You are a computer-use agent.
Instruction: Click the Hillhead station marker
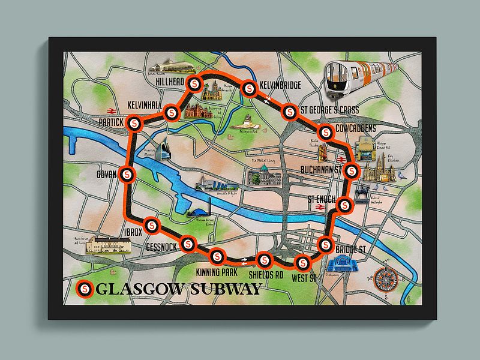[x=194, y=84]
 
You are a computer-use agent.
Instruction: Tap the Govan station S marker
[x=127, y=174]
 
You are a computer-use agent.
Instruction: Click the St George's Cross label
[x=329, y=110]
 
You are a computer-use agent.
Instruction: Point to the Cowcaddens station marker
[x=326, y=133]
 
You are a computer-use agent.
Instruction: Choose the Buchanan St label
[x=320, y=170]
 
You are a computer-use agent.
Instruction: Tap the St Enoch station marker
[x=345, y=205]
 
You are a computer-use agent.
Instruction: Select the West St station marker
[x=303, y=262]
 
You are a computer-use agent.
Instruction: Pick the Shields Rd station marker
[x=264, y=260]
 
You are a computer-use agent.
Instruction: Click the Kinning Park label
[x=217, y=273]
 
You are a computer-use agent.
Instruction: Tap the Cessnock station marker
[x=188, y=243]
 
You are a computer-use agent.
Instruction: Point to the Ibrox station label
[x=131, y=233]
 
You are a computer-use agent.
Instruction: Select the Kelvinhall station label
[x=146, y=106]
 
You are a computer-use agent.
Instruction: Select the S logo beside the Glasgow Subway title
[x=85, y=289]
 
